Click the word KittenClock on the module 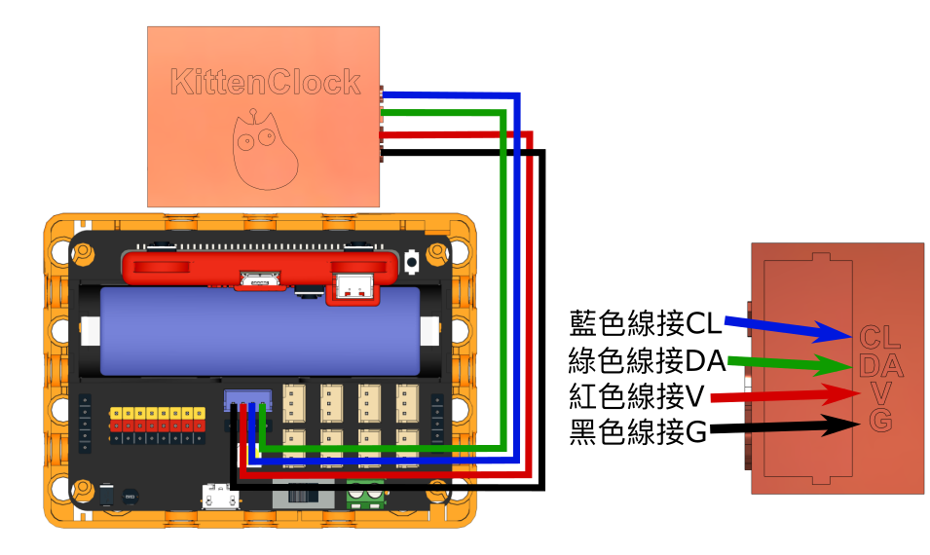pyautogui.click(x=265, y=83)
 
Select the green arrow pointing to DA pyautogui.click(x=789, y=364)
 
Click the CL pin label pyautogui.click(x=880, y=338)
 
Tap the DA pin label pyautogui.click(x=881, y=367)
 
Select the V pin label pyautogui.click(x=881, y=394)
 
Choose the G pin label pyautogui.click(x=880, y=421)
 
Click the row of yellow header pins pyautogui.click(x=157, y=414)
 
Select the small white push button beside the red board pyautogui.click(x=412, y=261)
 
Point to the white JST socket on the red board pyautogui.click(x=353, y=286)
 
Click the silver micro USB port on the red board pyautogui.click(x=261, y=280)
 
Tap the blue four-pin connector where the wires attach pyautogui.click(x=247, y=399)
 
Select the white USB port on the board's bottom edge pyautogui.click(x=220, y=498)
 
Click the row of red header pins pyautogui.click(x=157, y=425)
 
